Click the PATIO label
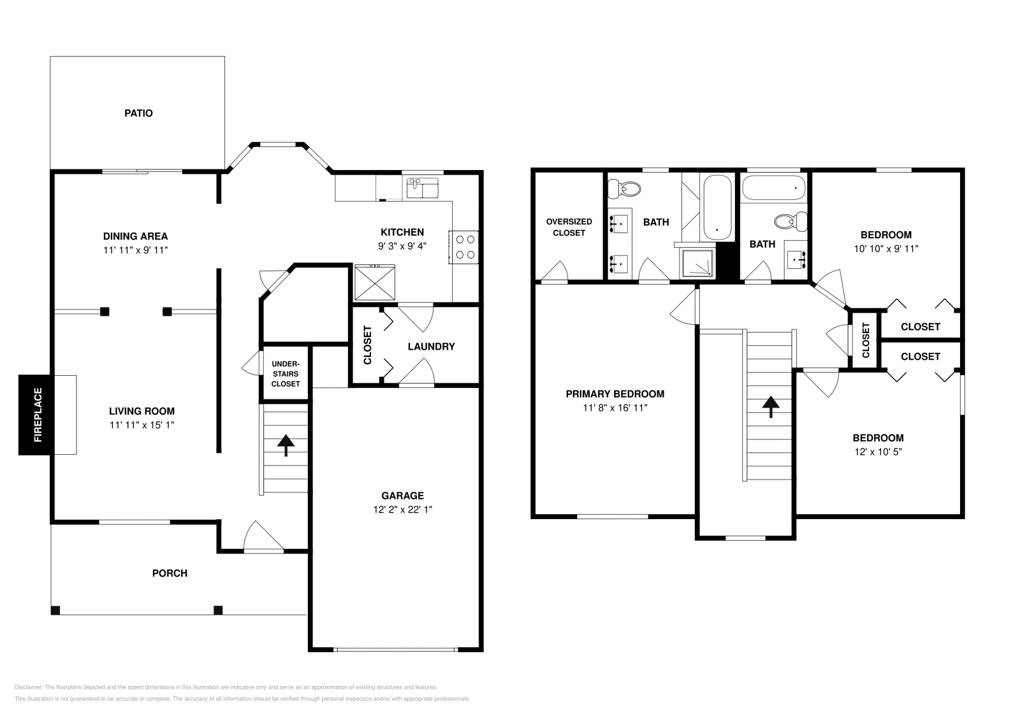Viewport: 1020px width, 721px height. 138,113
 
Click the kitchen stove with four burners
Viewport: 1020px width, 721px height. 463,247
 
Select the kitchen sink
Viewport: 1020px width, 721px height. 423,188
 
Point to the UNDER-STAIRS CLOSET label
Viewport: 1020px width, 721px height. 286,374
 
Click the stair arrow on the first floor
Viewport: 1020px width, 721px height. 286,445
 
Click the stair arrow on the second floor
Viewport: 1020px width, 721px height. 771,406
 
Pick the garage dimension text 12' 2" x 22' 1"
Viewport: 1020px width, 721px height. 402,510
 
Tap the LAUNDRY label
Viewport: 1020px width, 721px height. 431,346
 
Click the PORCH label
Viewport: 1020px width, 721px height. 170,573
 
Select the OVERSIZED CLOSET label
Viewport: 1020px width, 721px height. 569,227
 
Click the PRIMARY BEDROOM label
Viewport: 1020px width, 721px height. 615,394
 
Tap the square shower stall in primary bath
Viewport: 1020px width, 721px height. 697,264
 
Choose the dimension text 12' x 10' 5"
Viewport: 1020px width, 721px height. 878,452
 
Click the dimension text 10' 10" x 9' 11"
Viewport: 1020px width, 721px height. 886,249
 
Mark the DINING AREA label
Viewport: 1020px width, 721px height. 135,236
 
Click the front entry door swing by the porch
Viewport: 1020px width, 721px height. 264,536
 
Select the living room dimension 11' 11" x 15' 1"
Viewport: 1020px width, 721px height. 142,425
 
